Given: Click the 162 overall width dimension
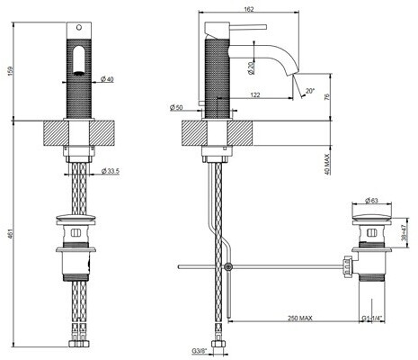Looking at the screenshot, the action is click(249, 9).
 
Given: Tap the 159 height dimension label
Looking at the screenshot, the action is click(11, 71).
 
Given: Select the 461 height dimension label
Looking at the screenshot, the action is click(11, 234).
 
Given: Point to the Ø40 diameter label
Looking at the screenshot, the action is click(107, 79).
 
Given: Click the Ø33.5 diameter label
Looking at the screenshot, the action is click(110, 171).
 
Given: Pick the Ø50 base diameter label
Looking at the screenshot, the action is click(176, 108).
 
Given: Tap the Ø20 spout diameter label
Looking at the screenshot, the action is click(251, 68).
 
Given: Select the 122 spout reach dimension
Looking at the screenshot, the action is click(255, 95).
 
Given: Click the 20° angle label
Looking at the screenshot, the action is click(310, 90).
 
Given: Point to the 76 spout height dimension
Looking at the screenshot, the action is click(327, 96).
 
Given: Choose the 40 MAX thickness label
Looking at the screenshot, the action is click(326, 165).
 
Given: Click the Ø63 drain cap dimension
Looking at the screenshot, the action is click(372, 201).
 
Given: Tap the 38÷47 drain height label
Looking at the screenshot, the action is click(404, 232).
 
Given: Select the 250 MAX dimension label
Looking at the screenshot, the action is click(300, 318).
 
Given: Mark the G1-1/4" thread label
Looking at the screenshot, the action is click(372, 318).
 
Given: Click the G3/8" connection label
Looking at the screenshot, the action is click(200, 350).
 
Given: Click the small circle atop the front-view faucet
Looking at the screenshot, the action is click(79, 28).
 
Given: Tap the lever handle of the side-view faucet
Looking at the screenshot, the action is click(248, 27).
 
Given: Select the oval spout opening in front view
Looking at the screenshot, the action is click(79, 59).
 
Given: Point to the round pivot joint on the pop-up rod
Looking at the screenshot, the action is click(228, 266).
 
